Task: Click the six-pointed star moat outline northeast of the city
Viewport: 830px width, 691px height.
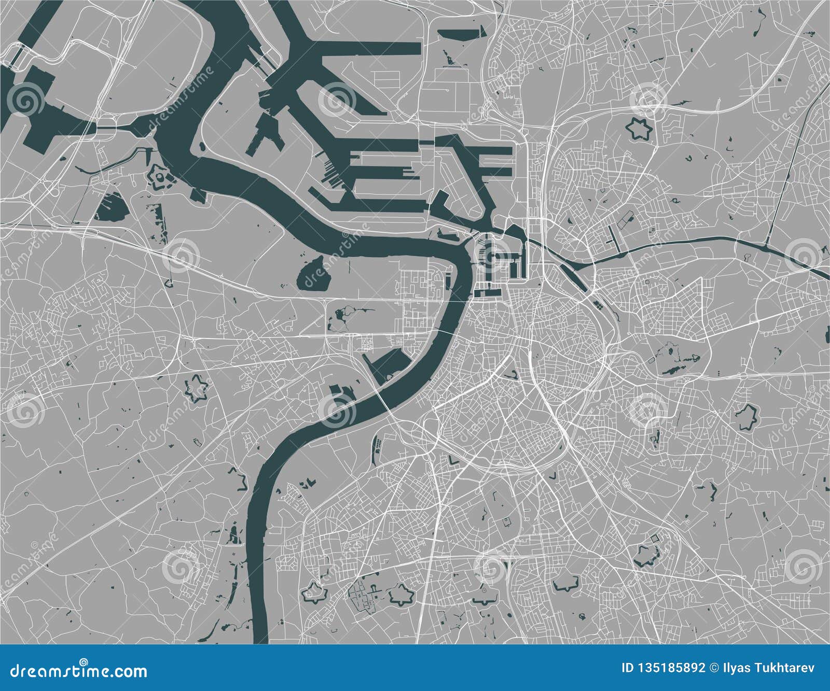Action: tap(639, 129)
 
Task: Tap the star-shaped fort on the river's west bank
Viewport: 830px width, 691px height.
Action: tap(161, 178)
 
